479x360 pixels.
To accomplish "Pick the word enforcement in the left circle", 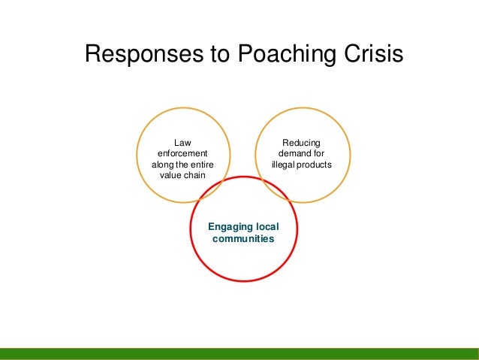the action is (182, 153).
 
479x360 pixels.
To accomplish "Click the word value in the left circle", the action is (171, 175).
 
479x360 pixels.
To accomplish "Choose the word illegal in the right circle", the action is (282, 164).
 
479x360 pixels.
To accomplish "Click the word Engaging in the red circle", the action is (230, 226).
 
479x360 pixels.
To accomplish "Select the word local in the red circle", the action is (267, 226).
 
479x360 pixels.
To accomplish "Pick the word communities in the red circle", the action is (243, 238).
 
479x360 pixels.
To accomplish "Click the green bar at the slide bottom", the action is (239, 354).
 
